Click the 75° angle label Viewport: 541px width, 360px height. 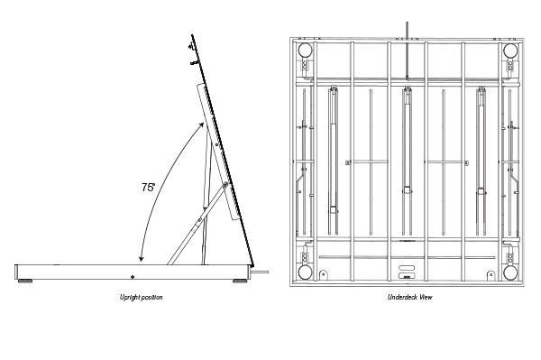coord(148,187)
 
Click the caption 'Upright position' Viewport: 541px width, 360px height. coord(142,297)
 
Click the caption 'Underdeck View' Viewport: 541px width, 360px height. coord(409,297)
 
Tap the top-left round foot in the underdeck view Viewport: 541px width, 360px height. coord(305,51)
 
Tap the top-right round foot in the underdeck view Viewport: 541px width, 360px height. coord(510,51)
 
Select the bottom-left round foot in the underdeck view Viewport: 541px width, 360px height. coord(305,272)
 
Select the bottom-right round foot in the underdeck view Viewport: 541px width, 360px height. coord(510,272)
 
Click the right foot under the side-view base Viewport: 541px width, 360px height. coord(240,282)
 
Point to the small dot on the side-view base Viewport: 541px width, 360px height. coord(133,276)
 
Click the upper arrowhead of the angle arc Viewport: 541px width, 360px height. coord(201,125)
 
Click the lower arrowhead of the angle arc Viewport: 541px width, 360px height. coord(141,258)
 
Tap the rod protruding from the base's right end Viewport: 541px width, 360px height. coord(260,272)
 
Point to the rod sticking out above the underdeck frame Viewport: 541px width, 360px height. coord(408,50)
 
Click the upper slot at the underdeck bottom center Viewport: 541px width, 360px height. coord(405,268)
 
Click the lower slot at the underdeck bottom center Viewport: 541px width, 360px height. coord(405,275)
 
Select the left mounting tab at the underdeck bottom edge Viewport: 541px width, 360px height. coord(323,275)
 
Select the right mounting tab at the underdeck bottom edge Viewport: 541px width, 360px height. coord(491,275)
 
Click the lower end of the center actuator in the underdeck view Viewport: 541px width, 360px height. coord(408,189)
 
